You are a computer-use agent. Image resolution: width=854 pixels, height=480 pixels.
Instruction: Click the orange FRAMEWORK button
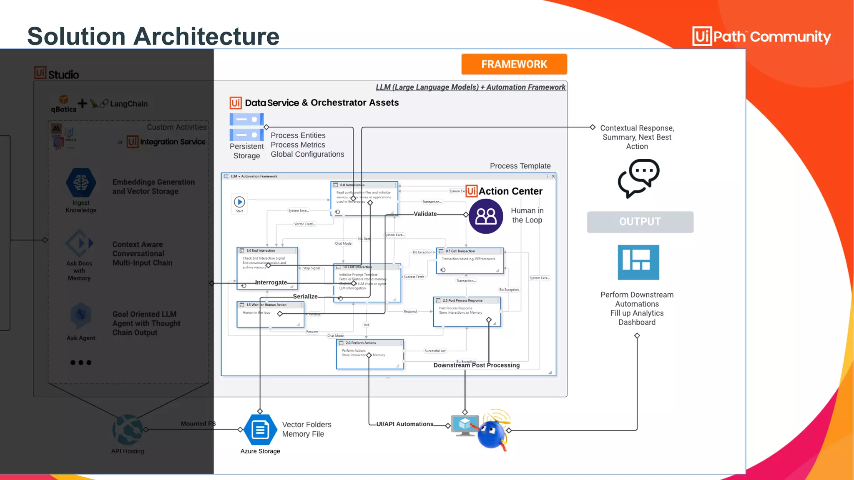[x=514, y=64]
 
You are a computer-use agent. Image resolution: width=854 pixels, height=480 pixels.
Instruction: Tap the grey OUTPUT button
[x=640, y=222]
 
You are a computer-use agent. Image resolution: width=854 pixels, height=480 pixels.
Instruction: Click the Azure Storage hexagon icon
[x=260, y=430]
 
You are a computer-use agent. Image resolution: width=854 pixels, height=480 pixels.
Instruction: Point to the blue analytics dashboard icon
[x=638, y=262]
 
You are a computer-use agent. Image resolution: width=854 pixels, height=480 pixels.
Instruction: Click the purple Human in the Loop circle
[x=486, y=216]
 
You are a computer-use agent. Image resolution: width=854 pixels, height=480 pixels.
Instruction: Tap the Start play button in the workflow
[x=239, y=202]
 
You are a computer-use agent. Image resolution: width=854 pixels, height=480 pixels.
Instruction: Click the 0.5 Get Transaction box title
[x=460, y=251]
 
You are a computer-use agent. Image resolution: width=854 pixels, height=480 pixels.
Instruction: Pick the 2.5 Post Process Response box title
[x=462, y=300]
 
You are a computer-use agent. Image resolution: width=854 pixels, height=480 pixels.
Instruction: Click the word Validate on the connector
[x=425, y=214]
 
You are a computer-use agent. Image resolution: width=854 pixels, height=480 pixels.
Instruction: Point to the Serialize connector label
[x=305, y=296]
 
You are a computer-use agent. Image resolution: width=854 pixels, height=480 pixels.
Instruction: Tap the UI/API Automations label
[x=404, y=424]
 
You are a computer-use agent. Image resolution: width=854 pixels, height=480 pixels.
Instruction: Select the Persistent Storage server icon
[x=246, y=127]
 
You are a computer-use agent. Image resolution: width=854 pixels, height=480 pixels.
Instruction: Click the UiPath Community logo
[x=761, y=37]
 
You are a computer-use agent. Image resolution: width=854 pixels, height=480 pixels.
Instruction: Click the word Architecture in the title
[x=206, y=36]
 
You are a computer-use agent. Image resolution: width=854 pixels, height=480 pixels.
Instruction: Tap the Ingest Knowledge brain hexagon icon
[x=81, y=183]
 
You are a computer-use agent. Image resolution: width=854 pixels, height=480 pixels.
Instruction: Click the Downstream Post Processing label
[x=476, y=365]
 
